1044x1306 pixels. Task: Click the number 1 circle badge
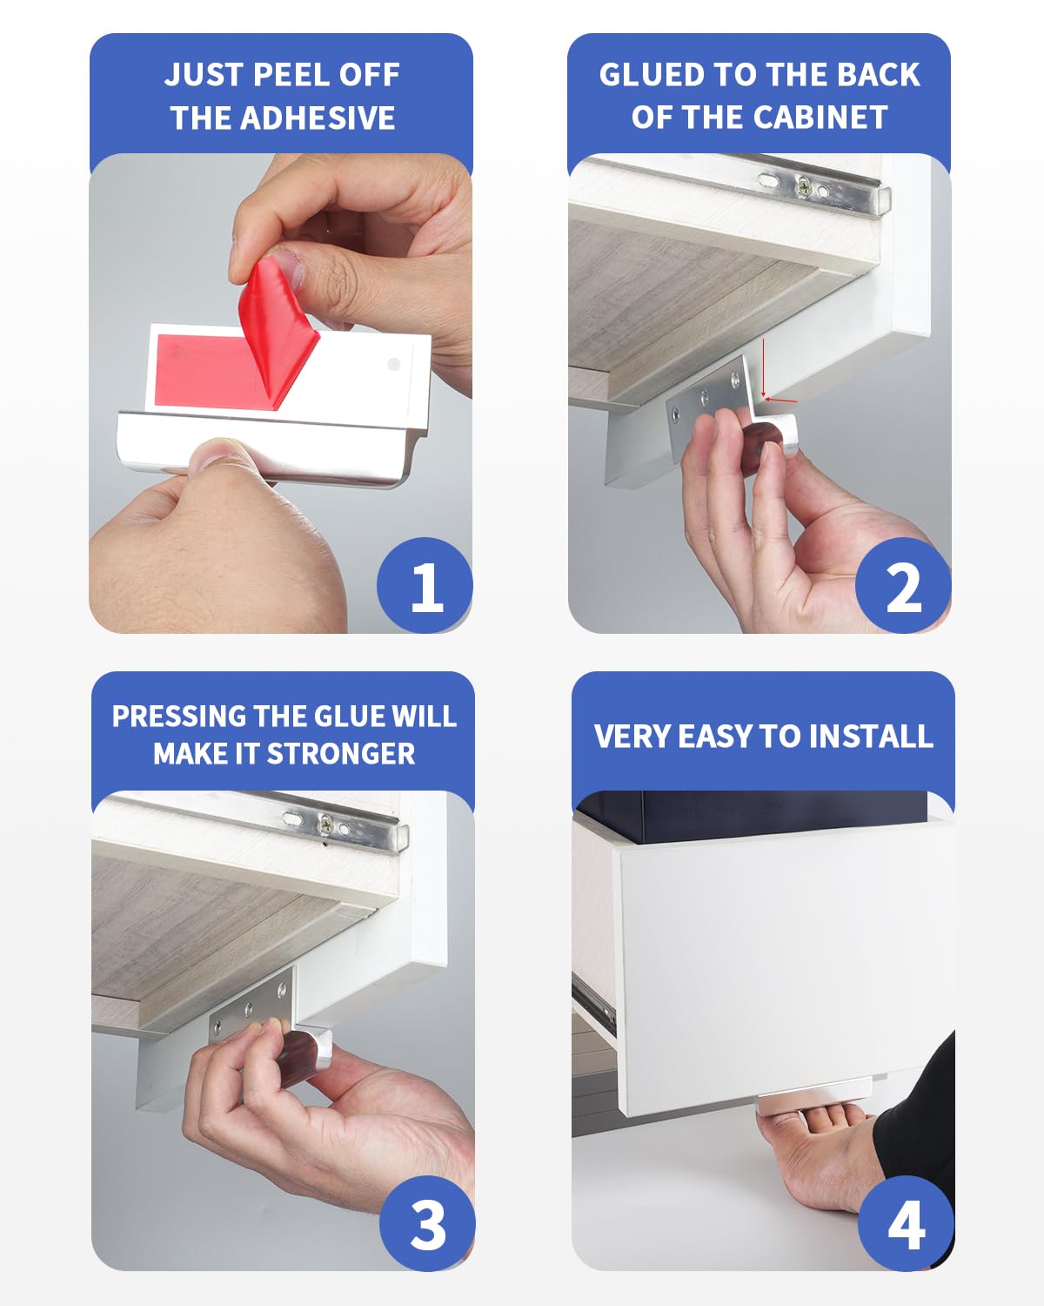pos(425,585)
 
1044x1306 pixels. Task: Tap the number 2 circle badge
pos(902,585)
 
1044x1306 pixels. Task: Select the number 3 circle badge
pos(426,1223)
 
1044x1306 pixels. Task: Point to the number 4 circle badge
pos(906,1223)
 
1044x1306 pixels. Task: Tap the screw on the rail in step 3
pos(325,821)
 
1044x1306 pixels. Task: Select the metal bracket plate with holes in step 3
pos(251,1010)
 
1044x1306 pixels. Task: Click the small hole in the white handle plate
pos(393,364)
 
